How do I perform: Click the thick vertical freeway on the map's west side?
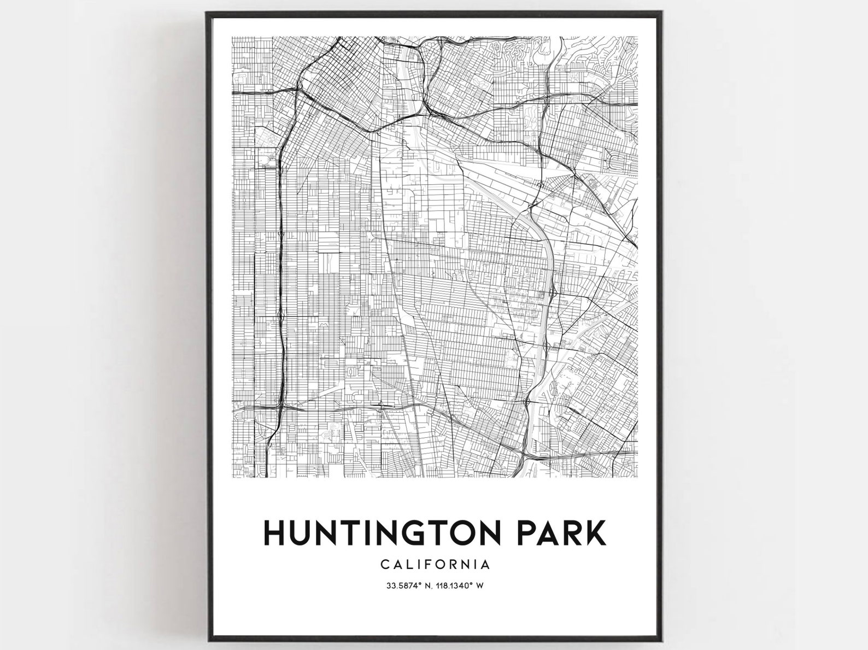[280, 273]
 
